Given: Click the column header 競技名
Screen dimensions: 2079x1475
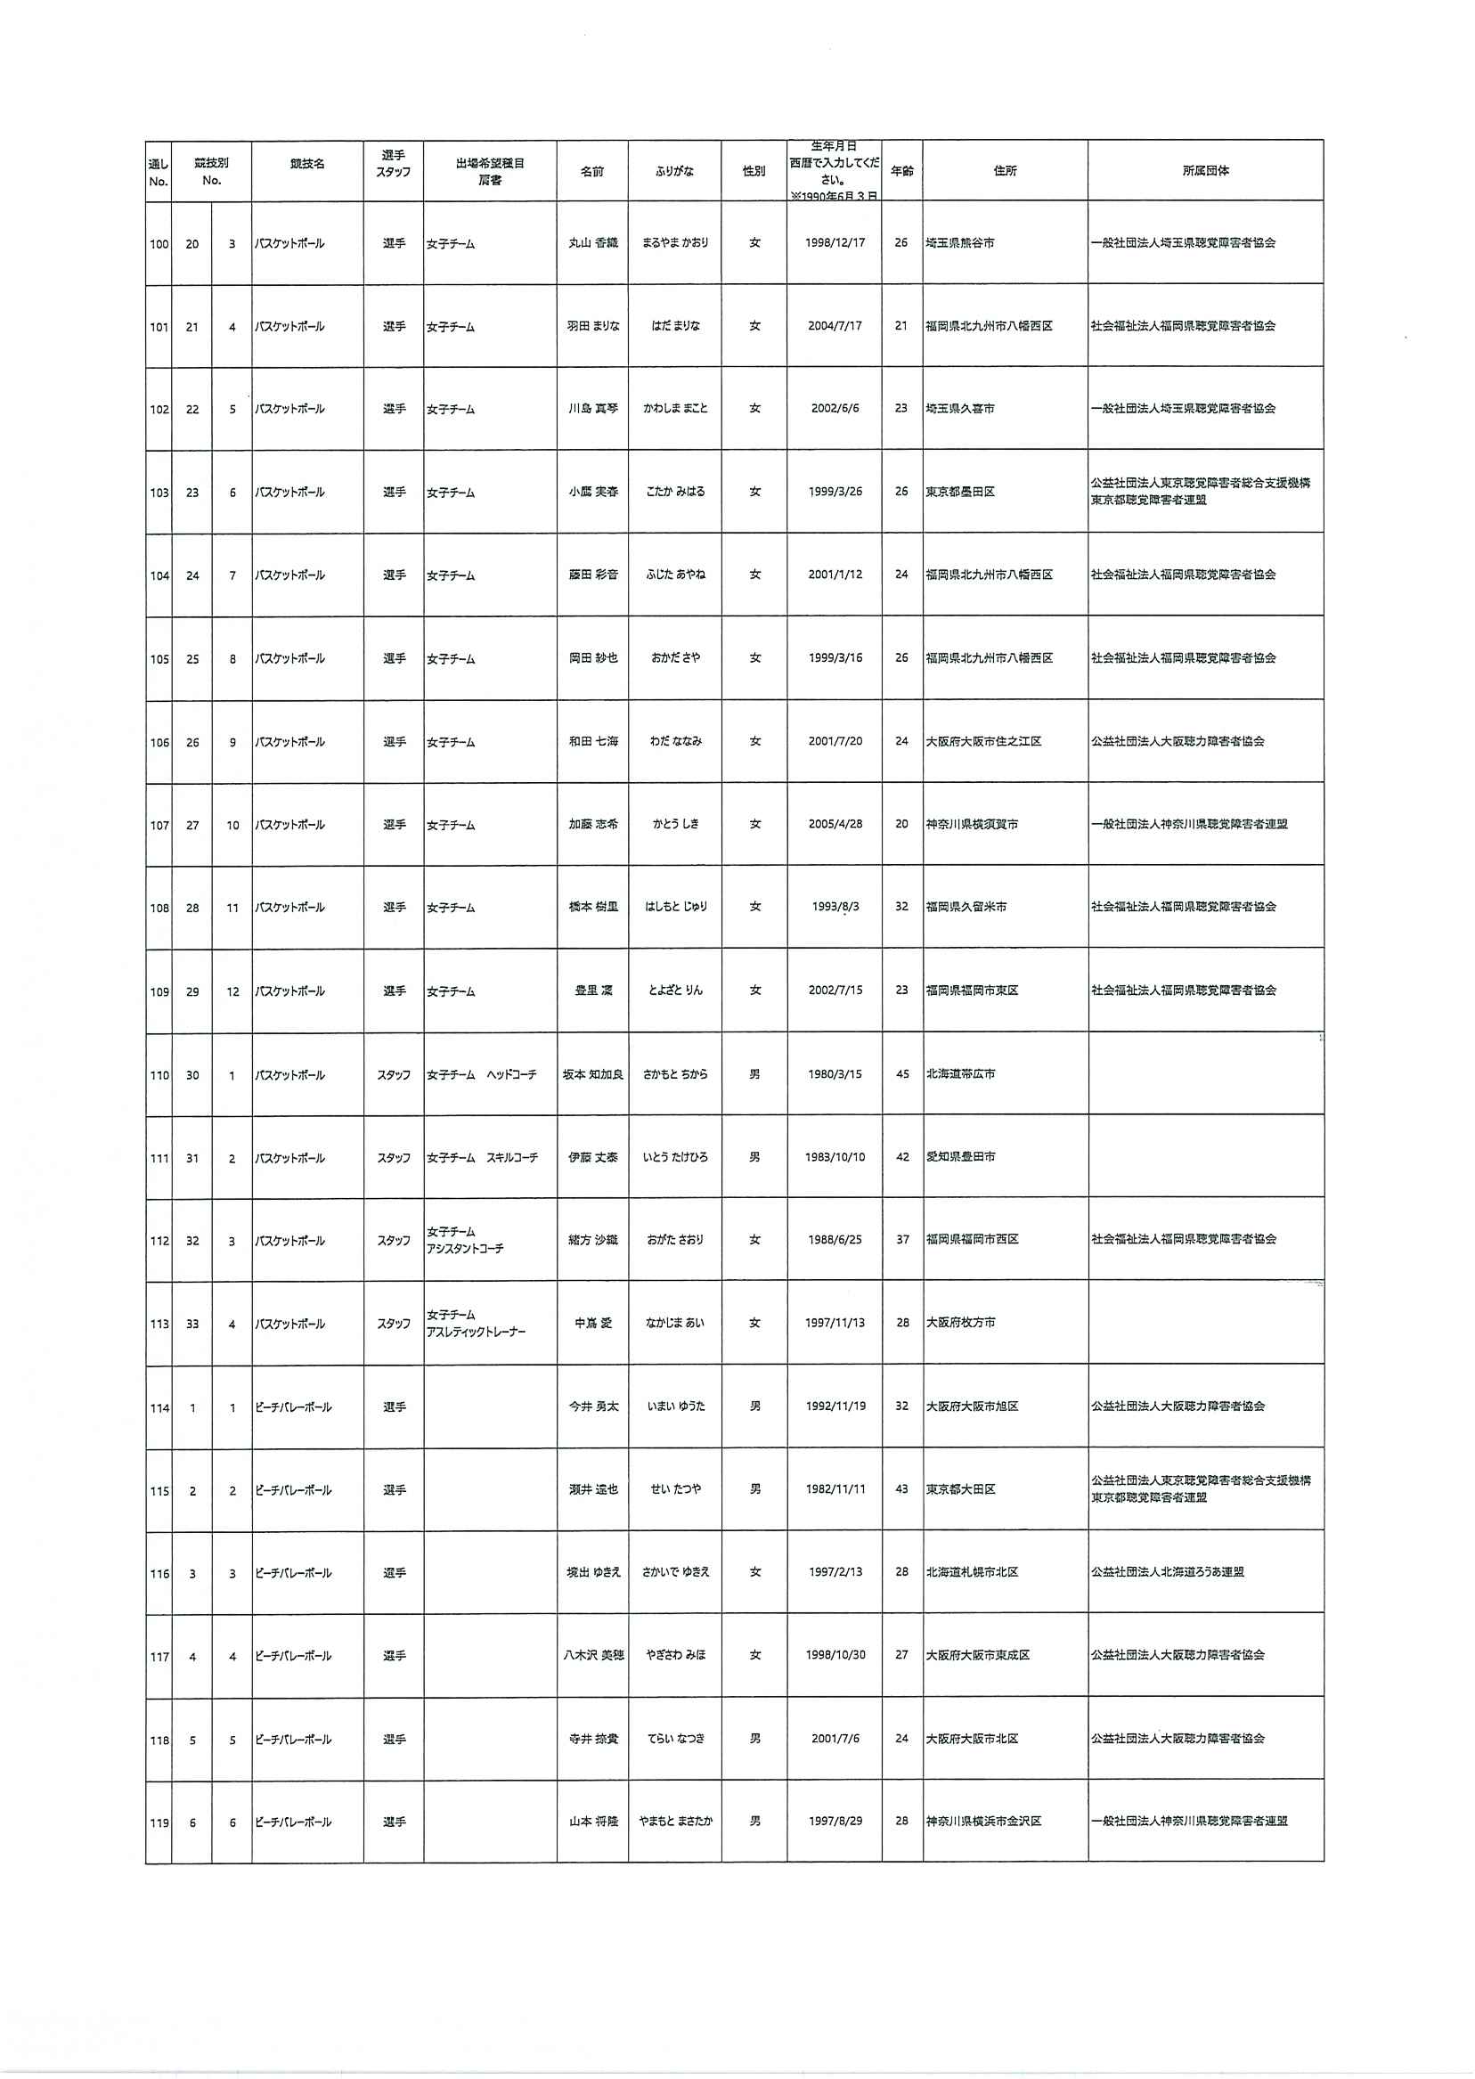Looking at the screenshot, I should pos(307,165).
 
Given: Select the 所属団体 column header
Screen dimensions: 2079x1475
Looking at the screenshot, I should pos(1205,171).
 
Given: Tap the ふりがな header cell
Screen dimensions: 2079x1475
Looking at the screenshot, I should pos(674,171).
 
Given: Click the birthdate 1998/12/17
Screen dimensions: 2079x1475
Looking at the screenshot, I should pos(835,243).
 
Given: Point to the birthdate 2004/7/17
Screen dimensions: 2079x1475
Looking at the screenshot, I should pos(835,326).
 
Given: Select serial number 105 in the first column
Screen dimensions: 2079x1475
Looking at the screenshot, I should pos(159,659).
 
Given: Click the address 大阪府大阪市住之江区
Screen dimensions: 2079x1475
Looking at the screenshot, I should pos(983,742).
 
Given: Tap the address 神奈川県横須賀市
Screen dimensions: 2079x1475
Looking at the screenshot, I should pos(972,825).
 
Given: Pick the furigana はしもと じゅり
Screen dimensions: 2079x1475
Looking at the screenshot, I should pos(676,908).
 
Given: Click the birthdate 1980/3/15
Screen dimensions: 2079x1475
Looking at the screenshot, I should pos(835,1074).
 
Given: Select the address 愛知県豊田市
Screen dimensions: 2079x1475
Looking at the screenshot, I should pos(960,1157).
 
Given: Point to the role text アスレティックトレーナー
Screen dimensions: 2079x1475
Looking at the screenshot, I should pos(476,1333).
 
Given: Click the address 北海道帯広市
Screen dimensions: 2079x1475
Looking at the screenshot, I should pos(960,1074).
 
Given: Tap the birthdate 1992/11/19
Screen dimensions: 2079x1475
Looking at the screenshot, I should pos(835,1406).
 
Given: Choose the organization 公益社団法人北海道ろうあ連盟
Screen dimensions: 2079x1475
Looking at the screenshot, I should pos(1167,1572).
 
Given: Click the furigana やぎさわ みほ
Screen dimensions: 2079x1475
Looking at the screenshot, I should pos(676,1656).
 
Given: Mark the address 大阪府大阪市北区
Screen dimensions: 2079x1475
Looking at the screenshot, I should pos(972,1740).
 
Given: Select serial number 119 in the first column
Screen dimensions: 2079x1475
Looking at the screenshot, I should pos(159,1822).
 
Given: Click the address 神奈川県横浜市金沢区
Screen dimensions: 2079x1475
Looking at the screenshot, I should pos(983,1822).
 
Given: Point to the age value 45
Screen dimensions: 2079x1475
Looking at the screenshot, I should pos(902,1074).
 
